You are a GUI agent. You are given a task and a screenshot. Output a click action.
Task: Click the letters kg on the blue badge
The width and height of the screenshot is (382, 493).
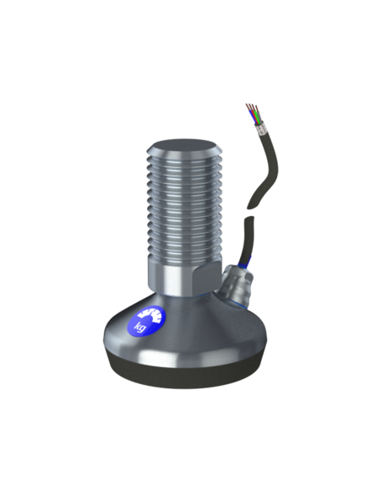tap(140, 327)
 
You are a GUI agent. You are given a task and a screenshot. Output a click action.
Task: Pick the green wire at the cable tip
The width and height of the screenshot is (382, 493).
tap(258, 117)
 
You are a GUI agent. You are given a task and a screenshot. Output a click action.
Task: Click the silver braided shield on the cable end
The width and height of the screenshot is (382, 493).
tap(262, 129)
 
